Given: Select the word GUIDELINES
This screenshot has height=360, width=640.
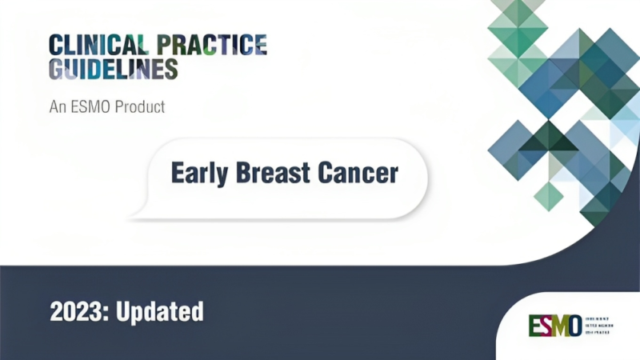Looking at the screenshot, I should pos(113,70).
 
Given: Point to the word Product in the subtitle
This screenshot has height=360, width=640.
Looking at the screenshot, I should pos(137,106).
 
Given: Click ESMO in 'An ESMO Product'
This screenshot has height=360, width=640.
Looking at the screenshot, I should pos(89,106).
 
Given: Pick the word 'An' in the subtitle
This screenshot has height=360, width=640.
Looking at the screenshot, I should pos(58,106).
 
